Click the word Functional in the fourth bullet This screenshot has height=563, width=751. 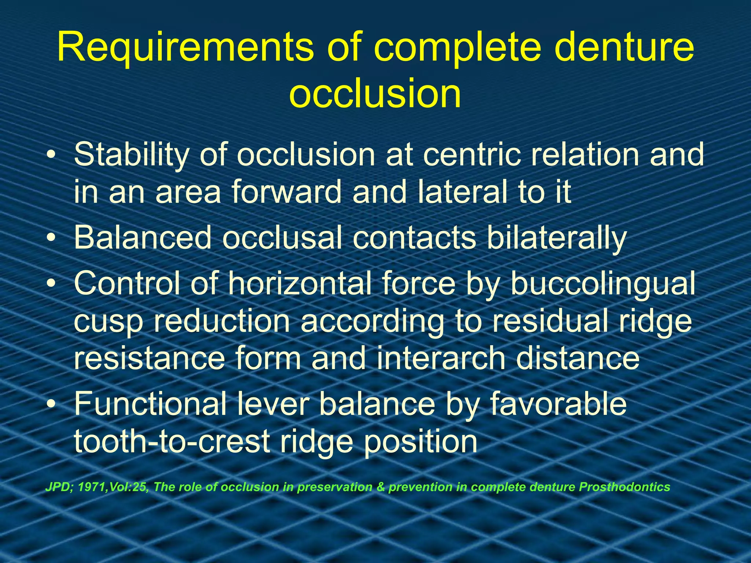(154, 404)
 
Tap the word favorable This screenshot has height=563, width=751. (558, 404)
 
